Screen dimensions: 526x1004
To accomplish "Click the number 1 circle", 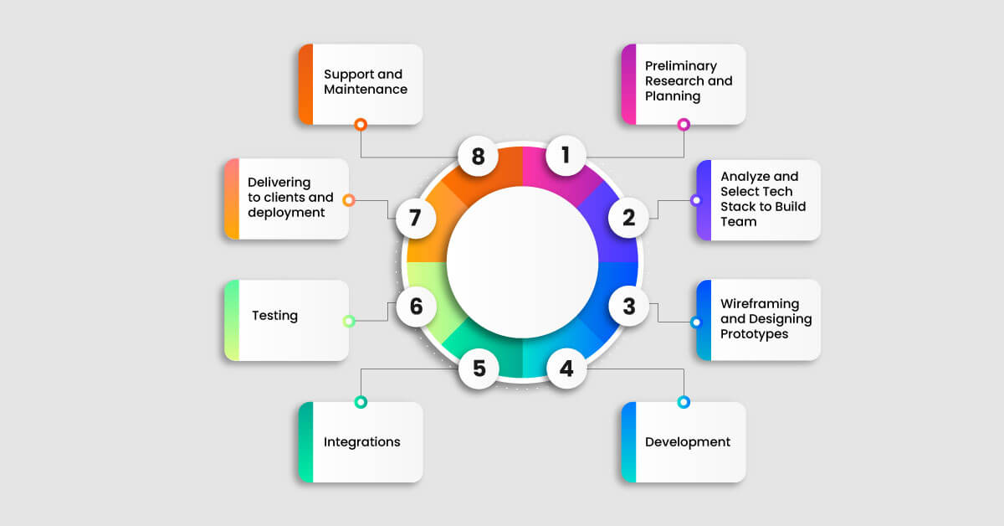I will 566,155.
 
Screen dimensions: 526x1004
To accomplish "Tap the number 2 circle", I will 628,218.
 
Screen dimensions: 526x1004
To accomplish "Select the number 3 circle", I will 628,307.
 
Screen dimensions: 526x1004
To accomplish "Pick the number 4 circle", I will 566,369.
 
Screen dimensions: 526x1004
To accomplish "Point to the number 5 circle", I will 479,369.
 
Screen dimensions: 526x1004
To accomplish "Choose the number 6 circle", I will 416,307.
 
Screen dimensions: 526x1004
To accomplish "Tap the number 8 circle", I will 479,156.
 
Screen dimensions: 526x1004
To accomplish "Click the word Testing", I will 274,316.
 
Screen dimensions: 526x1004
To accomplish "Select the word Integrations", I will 361,441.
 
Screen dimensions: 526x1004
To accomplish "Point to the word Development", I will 687,441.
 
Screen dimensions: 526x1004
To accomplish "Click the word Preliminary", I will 680,65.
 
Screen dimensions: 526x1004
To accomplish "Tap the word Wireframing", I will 759,303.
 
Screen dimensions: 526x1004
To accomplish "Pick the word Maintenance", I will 365,89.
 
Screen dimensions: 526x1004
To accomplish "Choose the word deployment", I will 285,212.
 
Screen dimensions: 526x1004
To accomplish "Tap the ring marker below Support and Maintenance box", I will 361,124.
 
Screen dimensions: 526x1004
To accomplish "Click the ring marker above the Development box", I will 684,402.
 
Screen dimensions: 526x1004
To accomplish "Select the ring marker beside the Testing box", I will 349,321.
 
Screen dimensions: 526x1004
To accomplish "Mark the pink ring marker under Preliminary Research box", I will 684,124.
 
